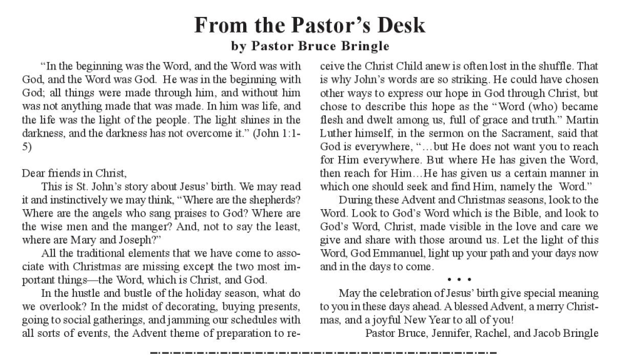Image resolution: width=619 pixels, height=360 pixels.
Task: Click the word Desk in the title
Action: (x=393, y=24)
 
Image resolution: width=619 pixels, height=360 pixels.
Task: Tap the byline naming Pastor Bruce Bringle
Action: (x=310, y=46)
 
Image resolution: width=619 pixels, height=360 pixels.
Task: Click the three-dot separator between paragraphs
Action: (x=460, y=279)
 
